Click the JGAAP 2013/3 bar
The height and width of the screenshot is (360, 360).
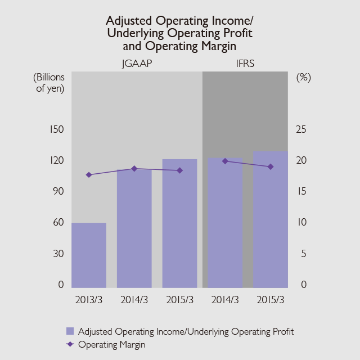click(x=89, y=255)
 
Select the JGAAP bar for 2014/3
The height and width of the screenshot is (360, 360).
click(x=134, y=228)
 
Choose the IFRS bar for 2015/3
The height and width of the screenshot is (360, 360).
click(x=271, y=220)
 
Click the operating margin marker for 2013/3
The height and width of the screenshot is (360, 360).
click(x=89, y=175)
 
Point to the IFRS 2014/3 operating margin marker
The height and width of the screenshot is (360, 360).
click(x=225, y=161)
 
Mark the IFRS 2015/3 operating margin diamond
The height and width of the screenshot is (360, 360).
click(x=271, y=166)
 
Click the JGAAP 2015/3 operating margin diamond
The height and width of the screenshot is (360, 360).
click(x=179, y=170)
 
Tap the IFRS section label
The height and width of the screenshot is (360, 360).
click(x=245, y=64)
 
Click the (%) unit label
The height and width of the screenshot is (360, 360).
click(x=303, y=78)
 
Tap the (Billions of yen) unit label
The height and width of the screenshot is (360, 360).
click(x=49, y=83)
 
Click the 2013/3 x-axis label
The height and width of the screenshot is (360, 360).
click(x=89, y=299)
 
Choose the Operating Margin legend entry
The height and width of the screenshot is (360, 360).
click(x=111, y=345)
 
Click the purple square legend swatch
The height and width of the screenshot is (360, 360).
click(x=70, y=331)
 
